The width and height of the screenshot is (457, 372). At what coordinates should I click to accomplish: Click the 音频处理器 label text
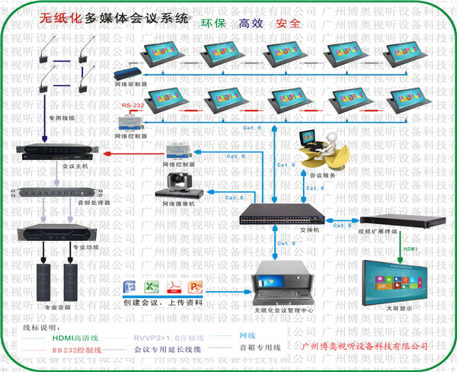tap(96, 203)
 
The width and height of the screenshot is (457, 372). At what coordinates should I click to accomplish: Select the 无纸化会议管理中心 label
tap(282, 312)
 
